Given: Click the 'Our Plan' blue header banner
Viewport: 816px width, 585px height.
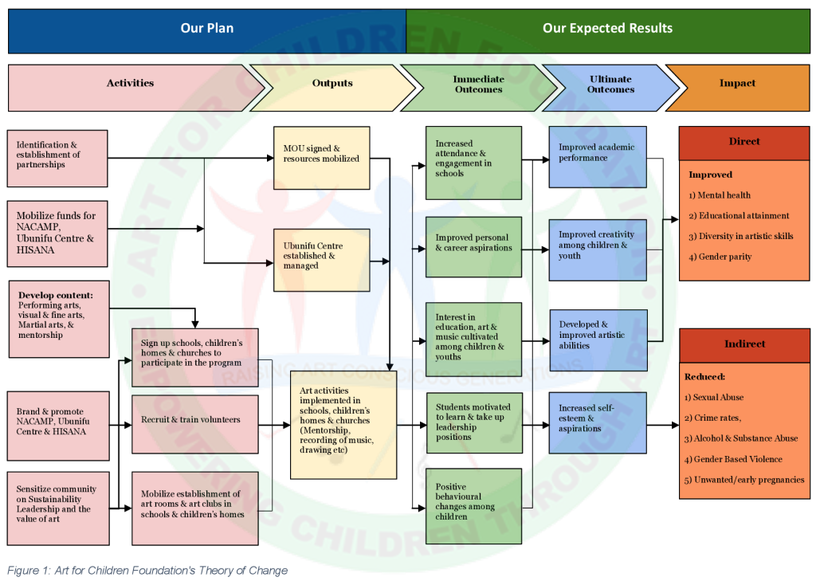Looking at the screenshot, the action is click(x=207, y=28).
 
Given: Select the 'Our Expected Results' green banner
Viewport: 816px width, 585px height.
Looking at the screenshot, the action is click(x=607, y=28).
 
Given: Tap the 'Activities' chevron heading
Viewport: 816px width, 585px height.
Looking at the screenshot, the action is click(x=130, y=83).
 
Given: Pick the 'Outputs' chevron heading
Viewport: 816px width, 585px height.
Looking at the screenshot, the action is click(x=332, y=83).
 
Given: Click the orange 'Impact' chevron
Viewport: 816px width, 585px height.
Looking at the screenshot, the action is click(x=737, y=83).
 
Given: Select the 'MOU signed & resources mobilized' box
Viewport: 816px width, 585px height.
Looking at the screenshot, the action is click(x=321, y=157).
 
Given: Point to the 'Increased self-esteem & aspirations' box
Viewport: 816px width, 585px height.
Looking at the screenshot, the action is click(x=597, y=422).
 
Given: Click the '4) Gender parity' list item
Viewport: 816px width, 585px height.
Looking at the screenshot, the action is click(x=720, y=257).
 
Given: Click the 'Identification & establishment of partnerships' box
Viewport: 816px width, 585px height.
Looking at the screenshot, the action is click(x=57, y=158).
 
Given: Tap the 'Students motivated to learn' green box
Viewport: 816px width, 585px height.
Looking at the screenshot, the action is click(x=473, y=422).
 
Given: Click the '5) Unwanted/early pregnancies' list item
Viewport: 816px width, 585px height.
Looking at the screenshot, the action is click(x=743, y=480).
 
